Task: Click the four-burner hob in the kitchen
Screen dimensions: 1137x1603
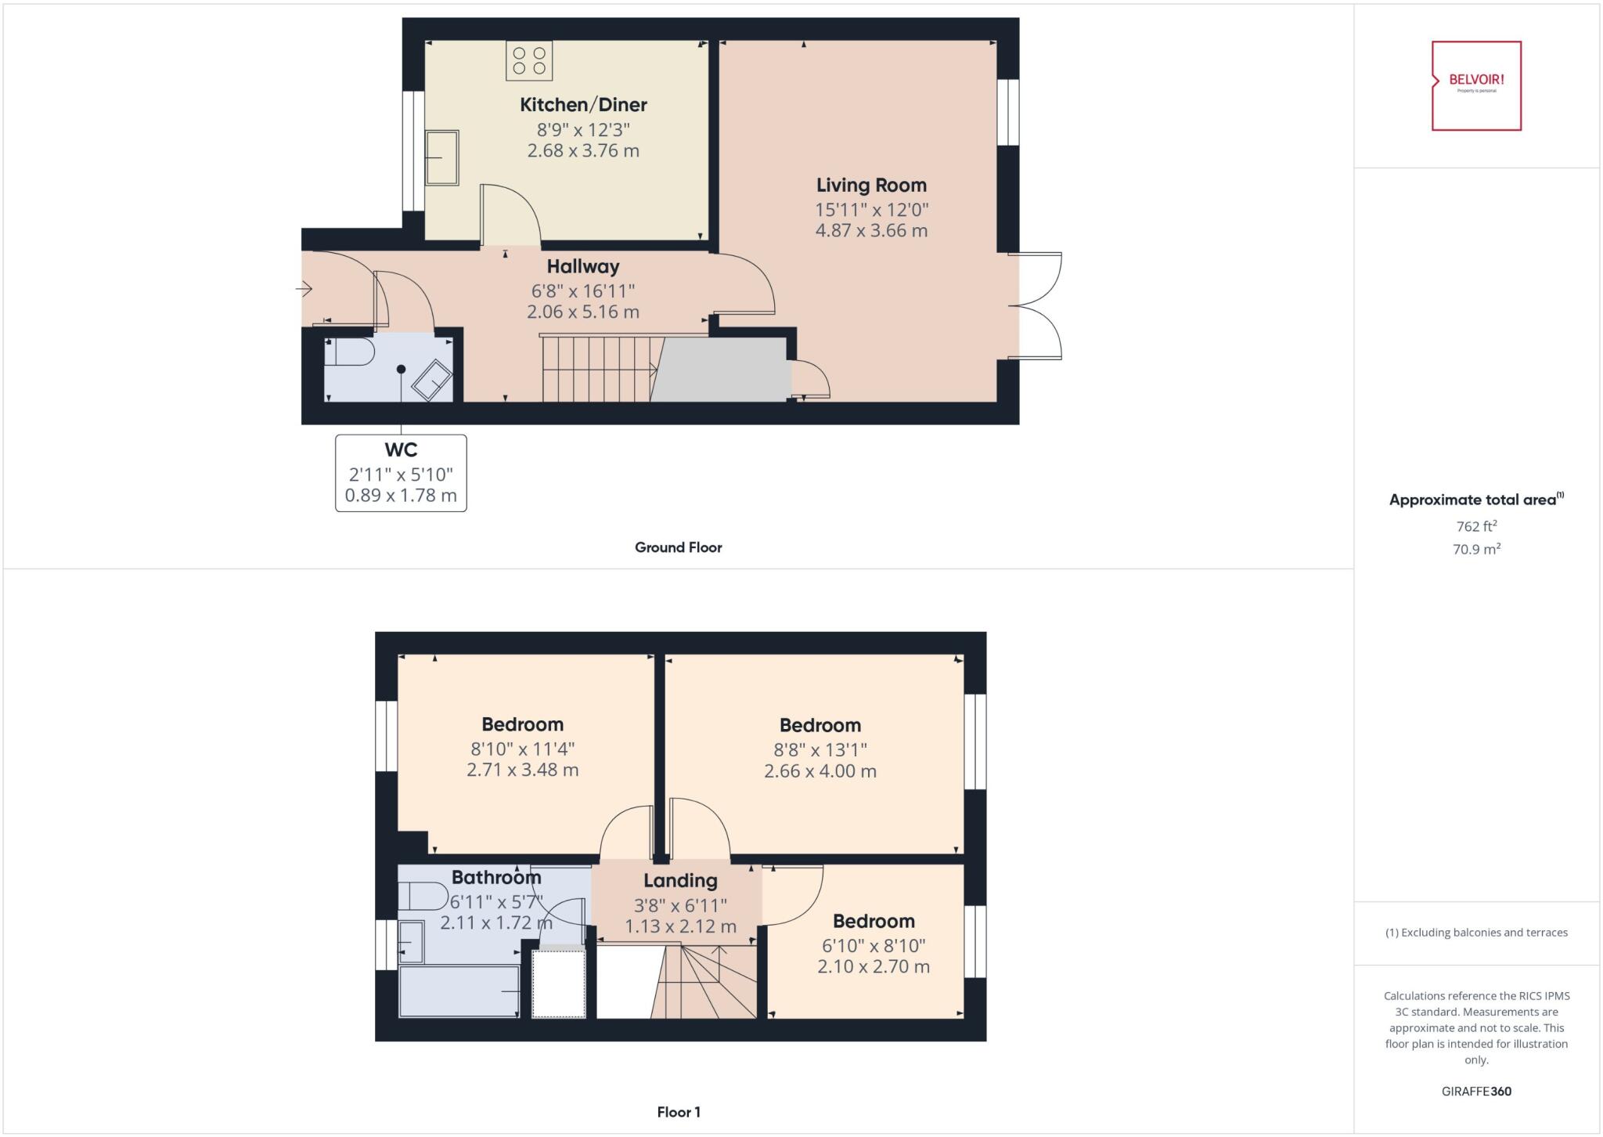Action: click(529, 61)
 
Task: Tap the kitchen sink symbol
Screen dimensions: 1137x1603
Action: click(441, 158)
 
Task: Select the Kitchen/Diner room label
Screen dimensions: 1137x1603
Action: click(583, 105)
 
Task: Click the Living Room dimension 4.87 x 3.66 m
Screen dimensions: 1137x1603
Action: click(871, 231)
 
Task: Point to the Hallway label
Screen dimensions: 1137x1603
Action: click(583, 266)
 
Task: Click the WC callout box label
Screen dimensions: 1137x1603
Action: click(401, 450)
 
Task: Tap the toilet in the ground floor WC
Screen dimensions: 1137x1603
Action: click(349, 352)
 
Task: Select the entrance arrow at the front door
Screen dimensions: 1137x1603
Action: click(304, 290)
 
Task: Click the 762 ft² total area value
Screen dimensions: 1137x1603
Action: click(1476, 526)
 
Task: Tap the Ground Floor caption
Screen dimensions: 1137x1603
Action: click(678, 547)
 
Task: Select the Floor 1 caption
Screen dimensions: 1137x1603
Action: click(678, 1112)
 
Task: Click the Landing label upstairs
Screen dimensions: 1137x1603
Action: click(680, 881)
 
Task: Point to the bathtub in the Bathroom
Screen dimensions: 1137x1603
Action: click(459, 991)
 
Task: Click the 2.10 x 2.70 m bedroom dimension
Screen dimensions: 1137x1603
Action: click(874, 967)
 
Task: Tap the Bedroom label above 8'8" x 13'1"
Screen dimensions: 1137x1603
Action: click(820, 725)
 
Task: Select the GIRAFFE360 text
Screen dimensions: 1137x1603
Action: click(1476, 1092)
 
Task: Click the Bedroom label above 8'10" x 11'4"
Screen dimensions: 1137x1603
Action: click(522, 724)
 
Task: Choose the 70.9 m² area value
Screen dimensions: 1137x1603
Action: click(1476, 550)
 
